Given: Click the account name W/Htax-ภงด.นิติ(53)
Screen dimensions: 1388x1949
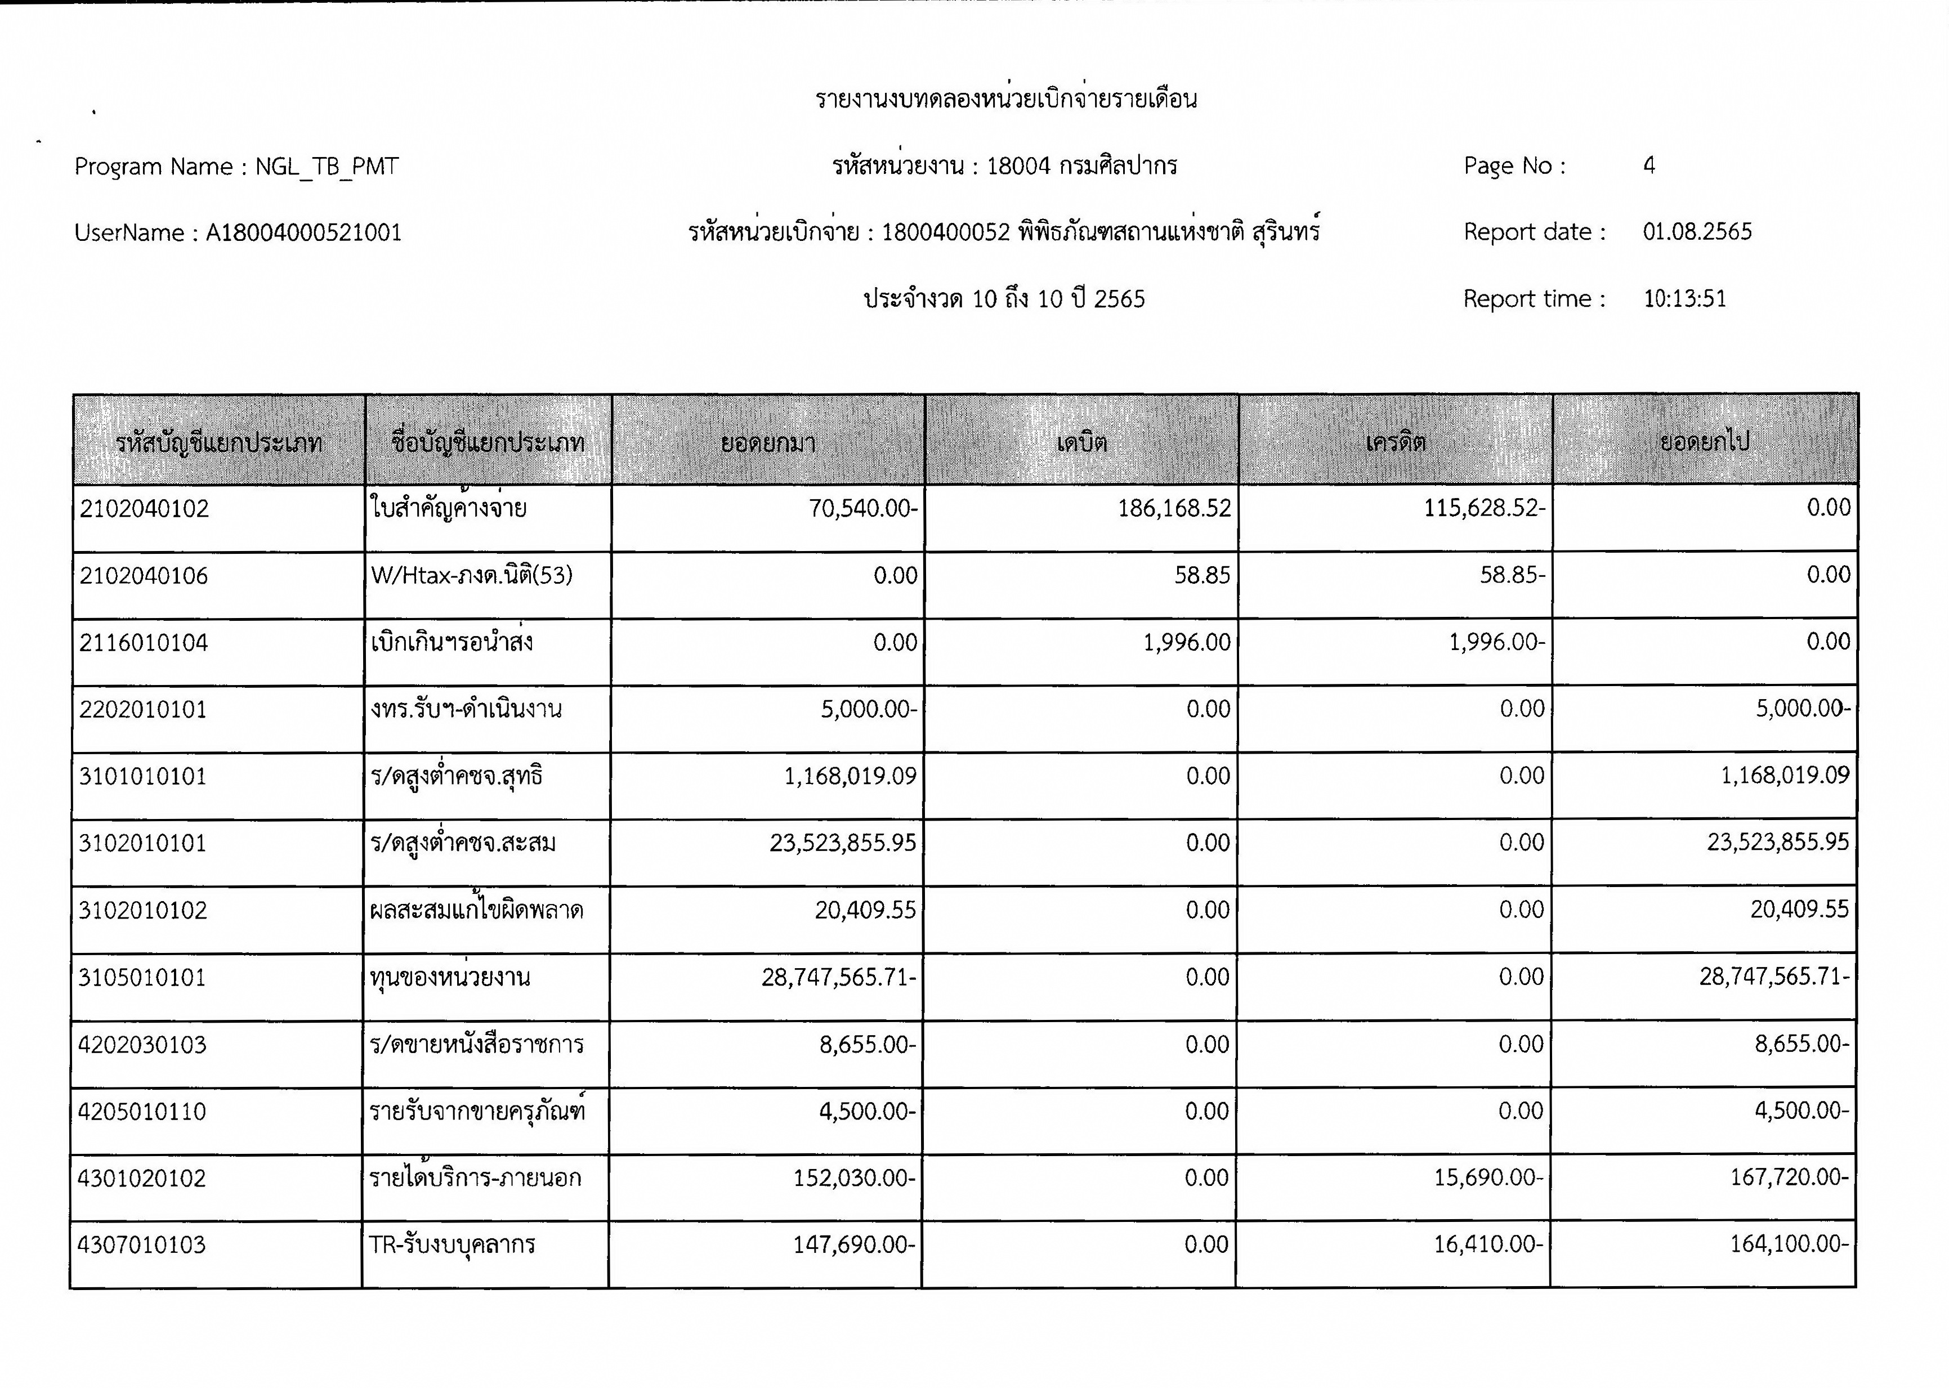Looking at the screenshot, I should pos(472,575).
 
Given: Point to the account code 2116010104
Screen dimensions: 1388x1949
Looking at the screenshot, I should pos(144,643).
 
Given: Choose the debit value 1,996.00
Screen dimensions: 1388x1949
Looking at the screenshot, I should pos(1187,643).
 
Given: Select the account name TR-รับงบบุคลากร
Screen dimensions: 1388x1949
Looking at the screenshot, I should pos(452,1245).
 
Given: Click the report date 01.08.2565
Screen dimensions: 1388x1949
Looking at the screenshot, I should pos(1697,232).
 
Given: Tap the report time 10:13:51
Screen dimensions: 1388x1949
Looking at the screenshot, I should pos(1684,299).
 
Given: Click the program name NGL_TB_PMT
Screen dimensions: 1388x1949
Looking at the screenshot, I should pos(327,167).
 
